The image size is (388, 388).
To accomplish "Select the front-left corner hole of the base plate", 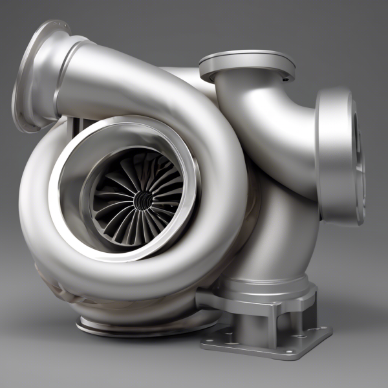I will pyautogui.click(x=211, y=337).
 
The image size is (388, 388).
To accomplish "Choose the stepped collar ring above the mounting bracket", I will pyautogui.click(x=262, y=285).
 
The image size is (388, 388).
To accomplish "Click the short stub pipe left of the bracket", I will pyautogui.click(x=210, y=299).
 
